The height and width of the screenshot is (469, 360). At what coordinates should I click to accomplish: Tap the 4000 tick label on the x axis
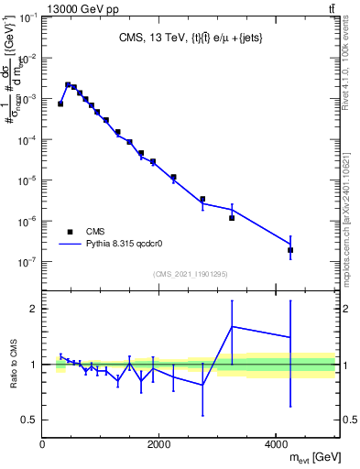point(277,444)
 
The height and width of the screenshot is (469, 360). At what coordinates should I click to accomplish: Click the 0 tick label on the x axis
point(42,444)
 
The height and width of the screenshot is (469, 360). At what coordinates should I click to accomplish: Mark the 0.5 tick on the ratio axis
point(31,420)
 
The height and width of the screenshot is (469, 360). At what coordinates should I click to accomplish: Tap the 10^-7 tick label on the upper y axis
point(27,262)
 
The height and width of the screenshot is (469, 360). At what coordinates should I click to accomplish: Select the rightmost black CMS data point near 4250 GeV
point(290,250)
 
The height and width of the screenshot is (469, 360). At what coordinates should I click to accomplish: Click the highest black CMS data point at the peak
point(68,85)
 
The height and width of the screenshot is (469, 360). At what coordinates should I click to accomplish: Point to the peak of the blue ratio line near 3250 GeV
point(232,326)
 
